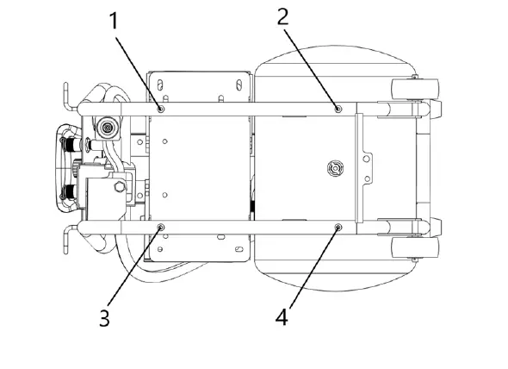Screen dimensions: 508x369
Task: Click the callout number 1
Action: coord(114,21)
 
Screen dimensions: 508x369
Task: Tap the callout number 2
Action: coord(282,17)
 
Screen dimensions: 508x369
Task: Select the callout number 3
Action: coord(105,317)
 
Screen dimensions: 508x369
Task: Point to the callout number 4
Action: coord(282,316)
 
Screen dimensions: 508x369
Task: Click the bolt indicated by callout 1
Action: coord(161,109)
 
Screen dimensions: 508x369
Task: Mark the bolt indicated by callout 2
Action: coord(338,109)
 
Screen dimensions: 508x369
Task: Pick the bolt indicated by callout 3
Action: coord(161,228)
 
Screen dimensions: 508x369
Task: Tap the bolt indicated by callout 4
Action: coord(338,228)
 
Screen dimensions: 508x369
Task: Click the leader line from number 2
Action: coord(311,69)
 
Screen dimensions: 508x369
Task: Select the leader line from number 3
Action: coord(134,266)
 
